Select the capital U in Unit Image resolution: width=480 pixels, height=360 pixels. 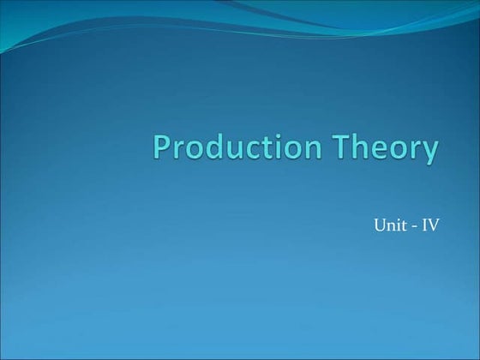(380, 226)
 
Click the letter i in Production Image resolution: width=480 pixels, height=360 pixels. (276, 147)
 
